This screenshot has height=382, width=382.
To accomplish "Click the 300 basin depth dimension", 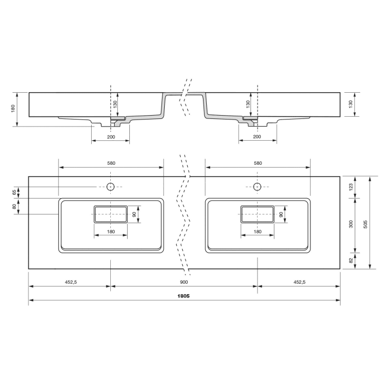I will click(x=351, y=224).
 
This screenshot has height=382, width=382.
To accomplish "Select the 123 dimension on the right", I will click(x=351, y=187).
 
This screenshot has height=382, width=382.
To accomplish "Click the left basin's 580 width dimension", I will click(x=111, y=163).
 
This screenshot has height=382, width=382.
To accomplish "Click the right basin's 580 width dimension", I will click(x=258, y=163).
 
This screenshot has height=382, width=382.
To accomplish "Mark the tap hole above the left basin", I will click(x=111, y=187).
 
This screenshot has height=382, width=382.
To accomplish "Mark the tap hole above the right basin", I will click(x=258, y=187).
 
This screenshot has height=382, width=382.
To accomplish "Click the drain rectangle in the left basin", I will click(x=111, y=214).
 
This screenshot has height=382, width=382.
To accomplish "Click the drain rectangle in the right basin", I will click(x=258, y=214).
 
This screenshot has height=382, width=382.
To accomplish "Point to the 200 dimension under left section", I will click(x=111, y=136).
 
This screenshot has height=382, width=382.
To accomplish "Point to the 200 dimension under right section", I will click(x=258, y=136).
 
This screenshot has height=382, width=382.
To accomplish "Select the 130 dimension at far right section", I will click(x=351, y=103).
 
